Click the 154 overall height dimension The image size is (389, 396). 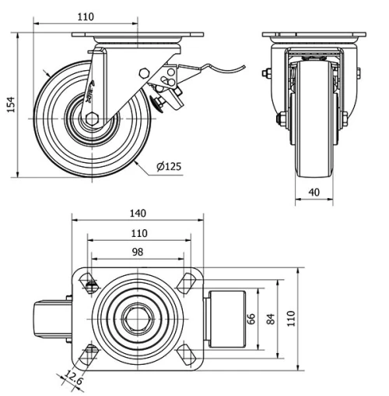pyautogui.click(x=10, y=105)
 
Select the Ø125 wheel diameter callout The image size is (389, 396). pyautogui.click(x=169, y=167)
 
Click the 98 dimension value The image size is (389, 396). pyautogui.click(x=137, y=251)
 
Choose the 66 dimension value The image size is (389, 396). pyautogui.click(x=251, y=318)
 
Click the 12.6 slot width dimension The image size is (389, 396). pyautogui.click(x=73, y=380)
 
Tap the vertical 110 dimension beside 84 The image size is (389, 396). pyautogui.click(x=292, y=318)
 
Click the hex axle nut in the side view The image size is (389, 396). pyautogui.click(x=92, y=118)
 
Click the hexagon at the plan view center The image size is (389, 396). pyautogui.click(x=137, y=319)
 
